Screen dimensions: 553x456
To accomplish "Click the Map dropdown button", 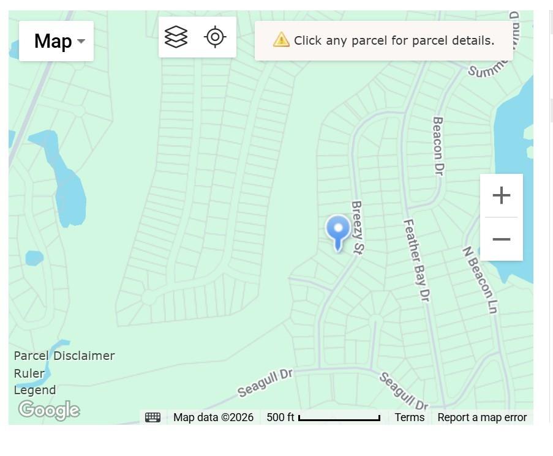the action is [56, 41].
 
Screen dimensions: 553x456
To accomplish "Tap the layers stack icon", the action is [176, 37].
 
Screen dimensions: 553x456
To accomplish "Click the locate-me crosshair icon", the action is [215, 37].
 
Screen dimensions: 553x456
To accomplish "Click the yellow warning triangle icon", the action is [281, 40].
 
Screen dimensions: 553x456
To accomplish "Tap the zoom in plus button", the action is [501, 196].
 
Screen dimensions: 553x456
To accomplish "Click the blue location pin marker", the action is [337, 231].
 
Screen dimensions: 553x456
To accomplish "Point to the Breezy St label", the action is [358, 227].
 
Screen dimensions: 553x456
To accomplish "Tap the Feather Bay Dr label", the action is [416, 260].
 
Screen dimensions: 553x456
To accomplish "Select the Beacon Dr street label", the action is [437, 146].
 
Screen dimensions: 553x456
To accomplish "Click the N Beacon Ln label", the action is [479, 280].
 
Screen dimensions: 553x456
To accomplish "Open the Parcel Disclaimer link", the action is [64, 356].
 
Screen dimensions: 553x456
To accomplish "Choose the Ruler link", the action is [29, 373].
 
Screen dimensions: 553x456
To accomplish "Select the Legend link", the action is [35, 390].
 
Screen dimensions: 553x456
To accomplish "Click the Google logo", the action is [49, 409].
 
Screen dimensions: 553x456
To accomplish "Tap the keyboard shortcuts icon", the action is [153, 417].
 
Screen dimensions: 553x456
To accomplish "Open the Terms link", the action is [409, 417].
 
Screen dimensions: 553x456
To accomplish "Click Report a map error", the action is [482, 417].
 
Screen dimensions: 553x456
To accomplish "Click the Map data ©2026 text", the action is [213, 417].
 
